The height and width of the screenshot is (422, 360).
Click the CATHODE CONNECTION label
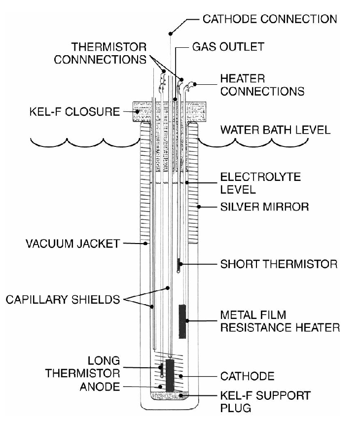click(x=270, y=19)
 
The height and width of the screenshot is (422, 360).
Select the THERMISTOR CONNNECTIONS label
click(x=109, y=53)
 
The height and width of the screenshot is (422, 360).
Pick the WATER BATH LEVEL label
click(x=275, y=131)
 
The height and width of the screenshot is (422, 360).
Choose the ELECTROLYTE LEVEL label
click(x=261, y=183)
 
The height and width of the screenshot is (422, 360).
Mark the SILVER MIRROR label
click(x=264, y=207)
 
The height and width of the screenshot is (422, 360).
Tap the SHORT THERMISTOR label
click(x=279, y=264)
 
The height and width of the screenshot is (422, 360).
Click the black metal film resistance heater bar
click(x=182, y=320)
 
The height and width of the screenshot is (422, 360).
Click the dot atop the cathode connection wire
click(x=171, y=33)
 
